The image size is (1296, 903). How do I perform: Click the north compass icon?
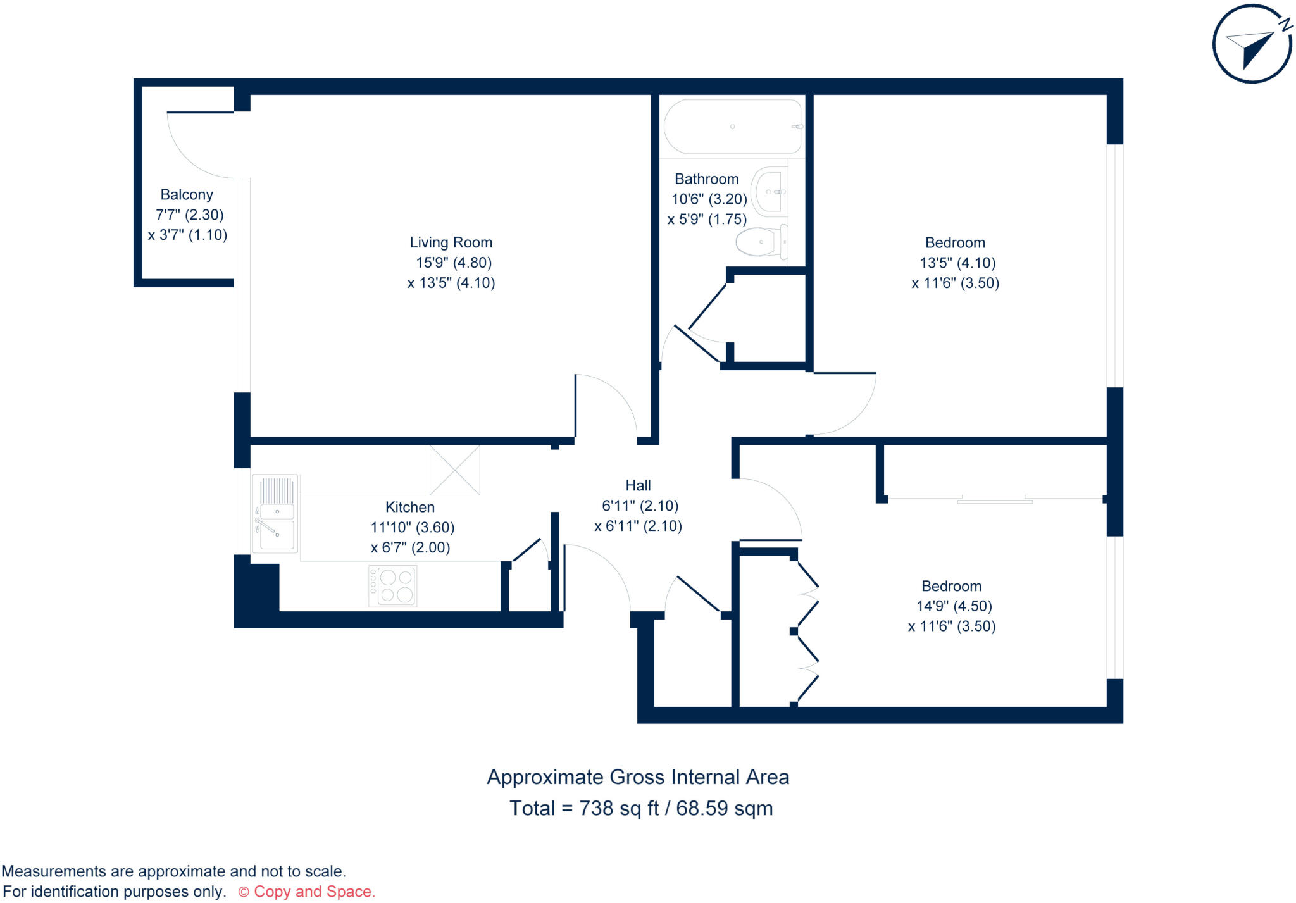click(x=1252, y=44)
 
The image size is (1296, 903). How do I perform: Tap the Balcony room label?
click(x=187, y=195)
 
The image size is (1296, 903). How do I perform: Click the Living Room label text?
click(x=451, y=242)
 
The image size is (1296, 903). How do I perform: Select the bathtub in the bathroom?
click(x=733, y=127)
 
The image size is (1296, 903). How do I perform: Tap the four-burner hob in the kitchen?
click(x=393, y=586)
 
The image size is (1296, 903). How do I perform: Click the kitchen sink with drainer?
click(x=276, y=514)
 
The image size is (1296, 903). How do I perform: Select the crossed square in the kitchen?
click(x=454, y=470)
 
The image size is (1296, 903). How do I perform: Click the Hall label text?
click(x=638, y=485)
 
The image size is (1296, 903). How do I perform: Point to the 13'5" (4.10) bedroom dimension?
click(x=957, y=263)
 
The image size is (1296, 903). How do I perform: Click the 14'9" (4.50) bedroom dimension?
click(x=954, y=606)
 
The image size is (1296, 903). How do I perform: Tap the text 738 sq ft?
click(x=619, y=809)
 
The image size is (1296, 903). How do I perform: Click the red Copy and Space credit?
click(x=307, y=892)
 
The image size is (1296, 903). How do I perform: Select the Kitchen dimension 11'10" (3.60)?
click(x=412, y=527)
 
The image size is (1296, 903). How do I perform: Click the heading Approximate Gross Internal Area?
click(x=638, y=777)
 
